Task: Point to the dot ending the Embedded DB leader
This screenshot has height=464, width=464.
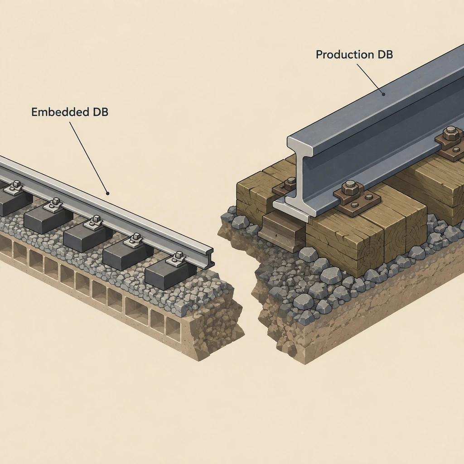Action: (x=108, y=193)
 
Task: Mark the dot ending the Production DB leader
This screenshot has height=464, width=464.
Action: (x=383, y=94)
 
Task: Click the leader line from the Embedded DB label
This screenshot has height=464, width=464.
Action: (x=88, y=157)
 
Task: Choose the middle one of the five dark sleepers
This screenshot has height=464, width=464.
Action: (x=87, y=235)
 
